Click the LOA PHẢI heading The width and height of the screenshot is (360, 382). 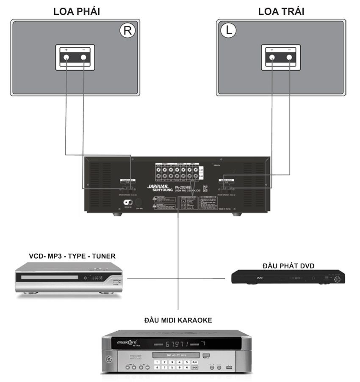(76, 11)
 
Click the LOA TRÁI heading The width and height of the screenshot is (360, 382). (281, 11)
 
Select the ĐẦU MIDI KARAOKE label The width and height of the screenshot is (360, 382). (178, 320)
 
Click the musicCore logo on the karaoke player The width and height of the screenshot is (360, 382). (128, 341)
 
